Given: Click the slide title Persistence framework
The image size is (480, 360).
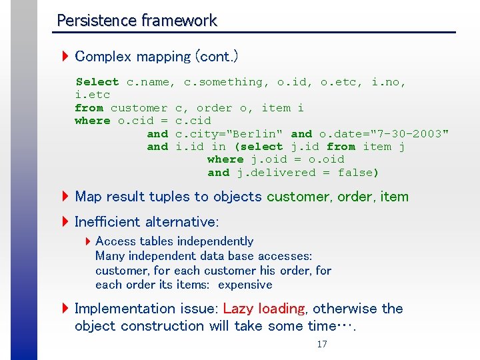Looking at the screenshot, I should tap(137, 21).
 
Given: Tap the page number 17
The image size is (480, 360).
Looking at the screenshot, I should tap(322, 345).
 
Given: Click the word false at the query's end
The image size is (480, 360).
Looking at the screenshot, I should tap(357, 173).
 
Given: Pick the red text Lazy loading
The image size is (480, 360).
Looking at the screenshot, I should tap(264, 309).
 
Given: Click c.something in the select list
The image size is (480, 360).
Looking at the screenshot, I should tap(227, 82).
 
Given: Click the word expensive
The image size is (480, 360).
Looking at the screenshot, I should tap(245, 285).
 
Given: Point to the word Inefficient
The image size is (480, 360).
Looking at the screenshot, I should tap(107, 221).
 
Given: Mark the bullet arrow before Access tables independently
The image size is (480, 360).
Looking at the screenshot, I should tap(88, 241).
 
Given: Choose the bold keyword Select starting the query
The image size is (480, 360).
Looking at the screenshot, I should tap(97, 82).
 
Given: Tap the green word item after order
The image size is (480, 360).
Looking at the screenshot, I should tap(394, 197).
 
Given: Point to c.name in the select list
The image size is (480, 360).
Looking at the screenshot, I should tap(151, 82).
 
